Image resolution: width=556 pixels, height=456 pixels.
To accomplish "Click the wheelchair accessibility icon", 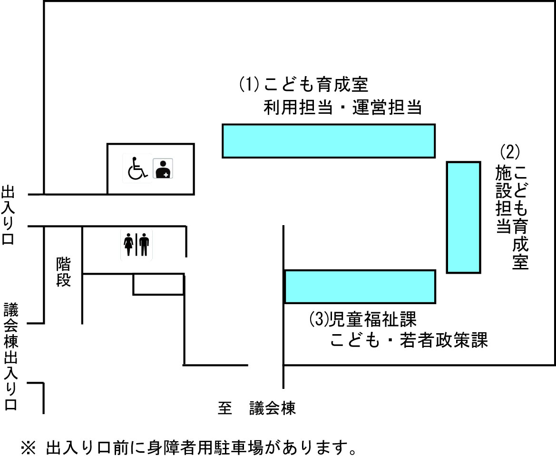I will click(137, 168).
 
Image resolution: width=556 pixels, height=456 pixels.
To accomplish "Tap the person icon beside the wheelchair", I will click(163, 169).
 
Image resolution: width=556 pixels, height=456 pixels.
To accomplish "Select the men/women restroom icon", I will click(137, 244).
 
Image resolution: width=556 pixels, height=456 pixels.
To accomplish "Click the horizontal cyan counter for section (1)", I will click(329, 140).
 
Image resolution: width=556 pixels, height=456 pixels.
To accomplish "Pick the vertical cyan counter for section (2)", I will click(463, 217).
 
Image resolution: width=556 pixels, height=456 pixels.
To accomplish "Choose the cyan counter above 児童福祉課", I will click(360, 286).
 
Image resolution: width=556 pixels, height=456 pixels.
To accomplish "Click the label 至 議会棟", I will click(257, 408).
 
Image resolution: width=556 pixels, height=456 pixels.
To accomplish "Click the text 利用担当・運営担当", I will click(343, 108).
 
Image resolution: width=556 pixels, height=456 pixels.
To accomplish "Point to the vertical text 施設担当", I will click(502, 198).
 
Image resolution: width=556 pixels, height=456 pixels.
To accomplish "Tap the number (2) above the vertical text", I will click(510, 152).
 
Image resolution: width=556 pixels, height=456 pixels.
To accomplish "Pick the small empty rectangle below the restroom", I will click(158, 284).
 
